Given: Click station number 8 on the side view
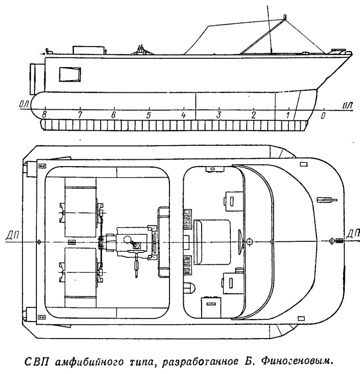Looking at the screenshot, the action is click(x=44, y=115).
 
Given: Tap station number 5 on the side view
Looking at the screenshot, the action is click(x=149, y=116).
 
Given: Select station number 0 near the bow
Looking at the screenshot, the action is click(x=323, y=116).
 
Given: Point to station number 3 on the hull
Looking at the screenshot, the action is click(x=218, y=115).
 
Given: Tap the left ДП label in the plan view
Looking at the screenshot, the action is click(x=12, y=236).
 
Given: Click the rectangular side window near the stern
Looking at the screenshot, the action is click(x=70, y=74).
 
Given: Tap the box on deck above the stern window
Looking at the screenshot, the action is click(x=89, y=50).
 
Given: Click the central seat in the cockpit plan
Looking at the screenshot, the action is click(x=212, y=242).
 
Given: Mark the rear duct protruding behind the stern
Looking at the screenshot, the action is click(x=37, y=79).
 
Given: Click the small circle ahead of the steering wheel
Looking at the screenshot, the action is click(x=249, y=241).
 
